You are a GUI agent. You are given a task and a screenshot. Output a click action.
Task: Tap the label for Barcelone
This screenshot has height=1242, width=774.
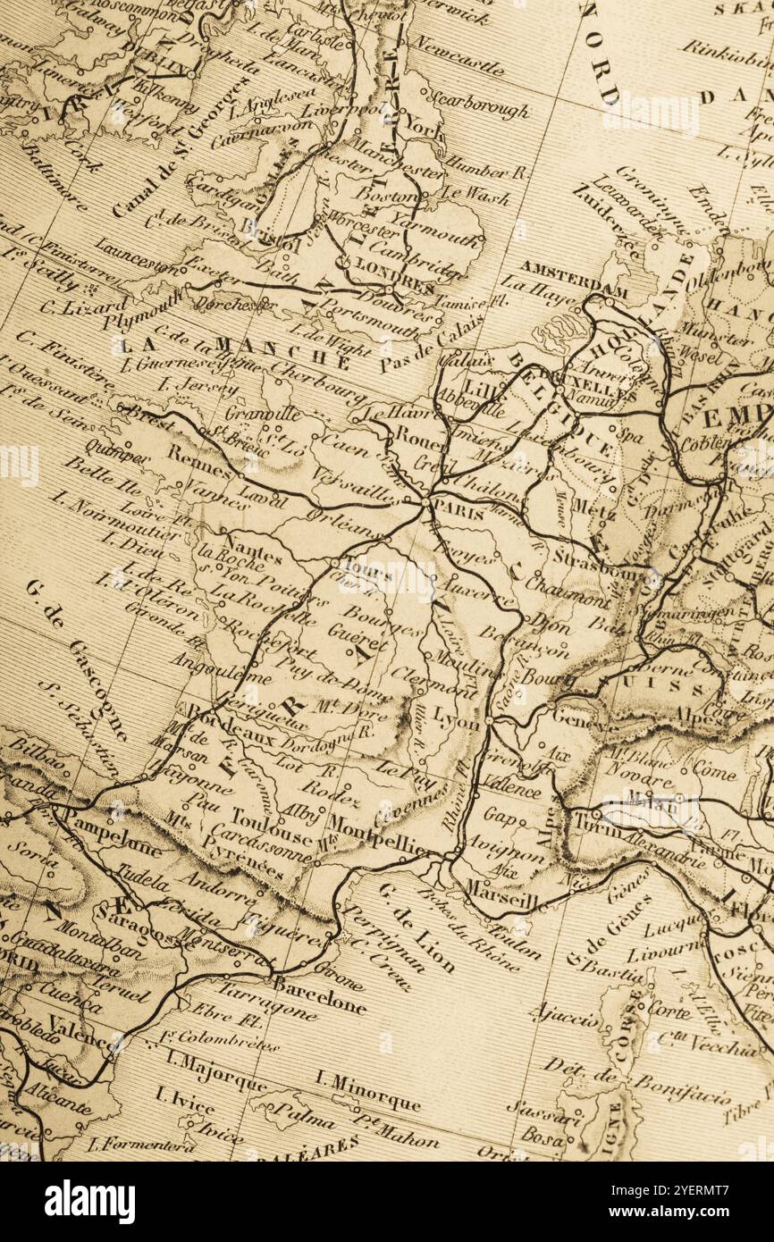319,994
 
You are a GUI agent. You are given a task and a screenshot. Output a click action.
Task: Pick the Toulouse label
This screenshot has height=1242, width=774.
271,823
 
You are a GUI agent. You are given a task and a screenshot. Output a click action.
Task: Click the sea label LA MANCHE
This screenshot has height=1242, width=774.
234,351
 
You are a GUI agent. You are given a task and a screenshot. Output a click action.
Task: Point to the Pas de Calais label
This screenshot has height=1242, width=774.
432,341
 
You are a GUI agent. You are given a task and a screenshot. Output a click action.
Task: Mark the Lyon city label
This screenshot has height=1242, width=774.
456,720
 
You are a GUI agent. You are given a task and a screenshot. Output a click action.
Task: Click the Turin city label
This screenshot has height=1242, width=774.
593,822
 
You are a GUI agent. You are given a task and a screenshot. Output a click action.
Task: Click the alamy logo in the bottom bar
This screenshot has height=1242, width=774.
89,1202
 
